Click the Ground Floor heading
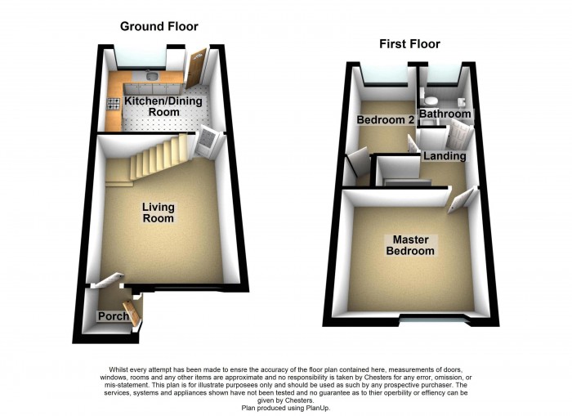(x=159, y=26)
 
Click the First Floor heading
(x=409, y=44)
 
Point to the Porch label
(x=111, y=316)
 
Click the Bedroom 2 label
(x=385, y=120)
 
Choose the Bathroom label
(x=445, y=114)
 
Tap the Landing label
(x=445, y=155)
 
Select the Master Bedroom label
(x=410, y=245)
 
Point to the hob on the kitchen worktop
(x=112, y=103)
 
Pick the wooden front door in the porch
(x=137, y=311)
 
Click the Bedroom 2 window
(x=385, y=77)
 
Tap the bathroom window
(x=441, y=77)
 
